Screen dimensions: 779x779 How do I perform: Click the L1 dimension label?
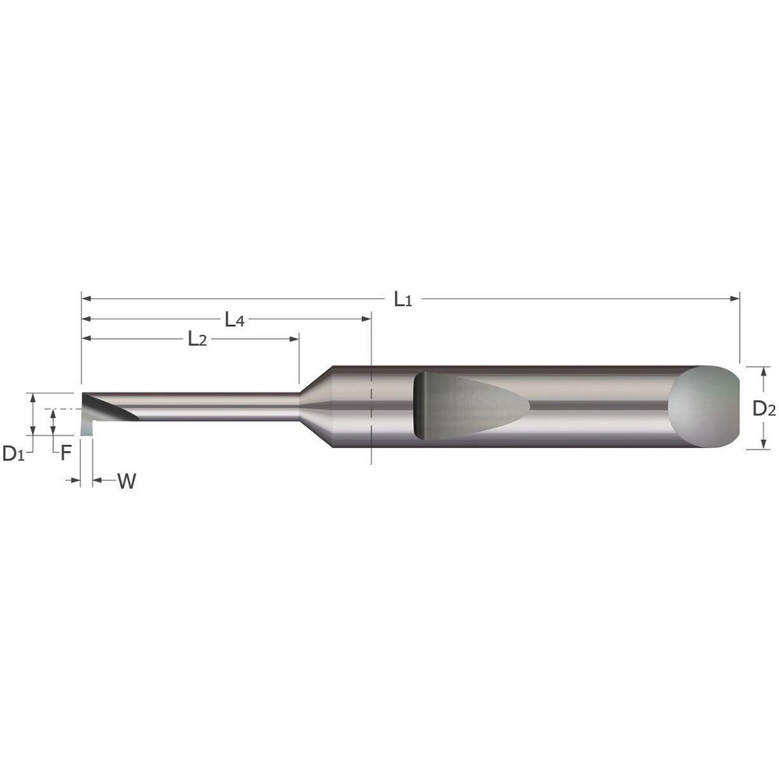coord(402,298)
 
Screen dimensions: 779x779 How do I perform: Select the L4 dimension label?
coord(234,319)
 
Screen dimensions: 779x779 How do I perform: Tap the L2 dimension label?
coord(196,339)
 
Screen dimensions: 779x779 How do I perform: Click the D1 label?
coord(13,453)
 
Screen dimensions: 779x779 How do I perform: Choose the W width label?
coord(127,481)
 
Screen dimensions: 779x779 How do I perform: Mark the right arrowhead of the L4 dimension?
coord(366,319)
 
